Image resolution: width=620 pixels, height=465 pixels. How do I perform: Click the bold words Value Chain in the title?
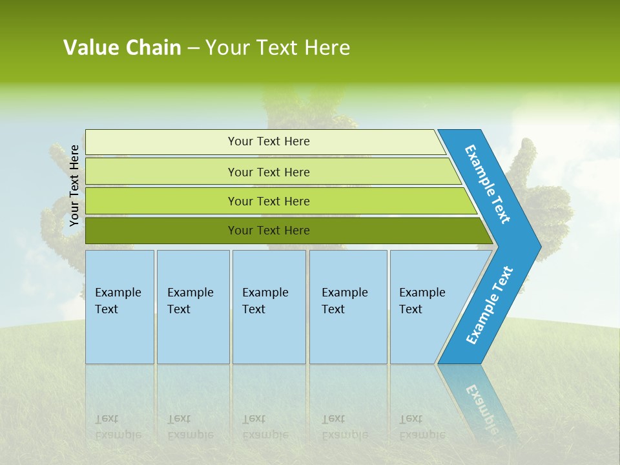coord(122,48)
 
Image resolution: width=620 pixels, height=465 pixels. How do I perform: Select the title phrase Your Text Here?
coord(278,48)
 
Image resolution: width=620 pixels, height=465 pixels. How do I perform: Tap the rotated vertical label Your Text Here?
coord(74,185)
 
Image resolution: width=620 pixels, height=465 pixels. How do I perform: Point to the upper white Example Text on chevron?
coord(488,184)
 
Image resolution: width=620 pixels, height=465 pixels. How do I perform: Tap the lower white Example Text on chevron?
coord(490,305)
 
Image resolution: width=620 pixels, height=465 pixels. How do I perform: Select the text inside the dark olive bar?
coord(269,231)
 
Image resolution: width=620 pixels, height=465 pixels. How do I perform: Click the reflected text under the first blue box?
coord(118,427)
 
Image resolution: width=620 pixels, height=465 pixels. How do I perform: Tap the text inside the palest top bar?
coord(269,141)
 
